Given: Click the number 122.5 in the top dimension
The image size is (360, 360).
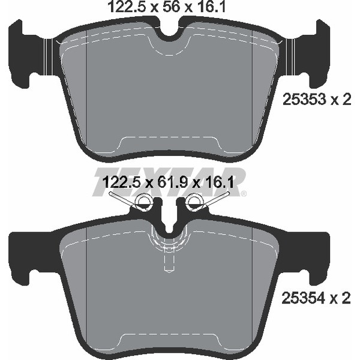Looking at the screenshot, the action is tap(127, 7).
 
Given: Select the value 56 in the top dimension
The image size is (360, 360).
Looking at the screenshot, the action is tap(170, 7).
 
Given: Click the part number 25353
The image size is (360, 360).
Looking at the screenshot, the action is tap(304, 100).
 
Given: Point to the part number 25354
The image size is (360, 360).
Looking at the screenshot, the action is tap(304, 298).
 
